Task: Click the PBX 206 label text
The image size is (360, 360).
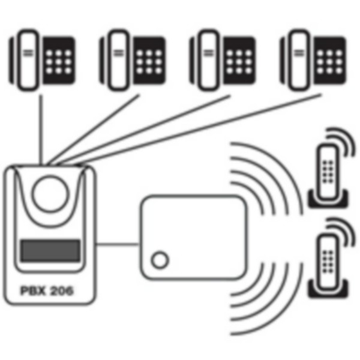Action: [47, 290]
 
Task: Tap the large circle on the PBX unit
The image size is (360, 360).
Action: [50, 194]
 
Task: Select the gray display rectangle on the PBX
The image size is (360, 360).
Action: [50, 250]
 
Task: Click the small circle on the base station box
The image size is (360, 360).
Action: [160, 260]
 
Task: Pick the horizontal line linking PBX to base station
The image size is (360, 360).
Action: [118, 244]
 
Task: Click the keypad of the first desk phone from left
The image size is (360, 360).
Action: [59, 61]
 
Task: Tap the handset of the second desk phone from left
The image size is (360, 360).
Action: [118, 60]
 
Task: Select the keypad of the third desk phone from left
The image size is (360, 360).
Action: [239, 61]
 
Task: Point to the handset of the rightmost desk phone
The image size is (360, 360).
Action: [299, 60]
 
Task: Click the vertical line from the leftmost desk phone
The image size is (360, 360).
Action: [41, 130]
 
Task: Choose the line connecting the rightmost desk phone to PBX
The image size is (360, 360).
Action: [198, 130]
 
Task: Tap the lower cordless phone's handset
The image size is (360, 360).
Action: [328, 261]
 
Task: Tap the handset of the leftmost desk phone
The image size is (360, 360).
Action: [28, 60]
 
